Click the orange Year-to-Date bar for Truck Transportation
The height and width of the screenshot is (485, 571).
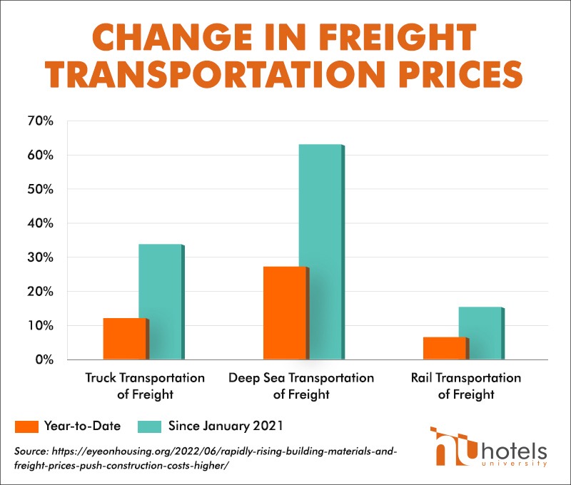point(126,339)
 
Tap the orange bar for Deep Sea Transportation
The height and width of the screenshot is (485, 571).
point(285,313)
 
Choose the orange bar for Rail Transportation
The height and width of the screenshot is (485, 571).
point(445,348)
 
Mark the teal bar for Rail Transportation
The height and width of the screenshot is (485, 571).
point(480,333)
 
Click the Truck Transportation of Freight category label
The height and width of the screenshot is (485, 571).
point(145,385)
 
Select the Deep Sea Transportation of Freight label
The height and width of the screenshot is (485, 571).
point(300,385)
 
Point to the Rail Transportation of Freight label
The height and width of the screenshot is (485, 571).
point(465,385)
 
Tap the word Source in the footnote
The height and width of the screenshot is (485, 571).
point(30,451)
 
